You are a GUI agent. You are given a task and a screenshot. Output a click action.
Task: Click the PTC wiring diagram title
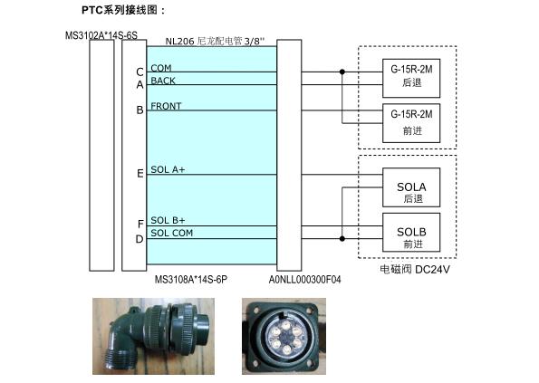tap(123, 10)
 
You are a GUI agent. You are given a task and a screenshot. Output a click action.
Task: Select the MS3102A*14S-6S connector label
tap(101, 35)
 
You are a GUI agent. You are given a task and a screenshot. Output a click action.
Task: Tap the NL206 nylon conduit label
tap(215, 42)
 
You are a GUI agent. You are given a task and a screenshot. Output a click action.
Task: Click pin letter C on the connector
tap(140, 72)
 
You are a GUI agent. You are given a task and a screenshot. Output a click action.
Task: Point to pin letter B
tap(140, 110)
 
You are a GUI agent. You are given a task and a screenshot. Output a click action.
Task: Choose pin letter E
tap(140, 174)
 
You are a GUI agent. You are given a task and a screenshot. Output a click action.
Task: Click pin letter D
tap(140, 239)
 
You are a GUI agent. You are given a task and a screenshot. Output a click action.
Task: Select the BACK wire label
tap(163, 81)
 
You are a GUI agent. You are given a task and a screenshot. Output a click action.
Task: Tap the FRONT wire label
tap(166, 106)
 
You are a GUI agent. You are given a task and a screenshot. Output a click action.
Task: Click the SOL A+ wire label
tap(168, 169)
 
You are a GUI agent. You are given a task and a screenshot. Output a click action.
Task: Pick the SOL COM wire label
tap(171, 233)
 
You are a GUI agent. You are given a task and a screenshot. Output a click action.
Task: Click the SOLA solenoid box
tap(411, 187)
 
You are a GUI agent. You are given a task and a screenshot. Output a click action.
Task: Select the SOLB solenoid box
tap(411, 232)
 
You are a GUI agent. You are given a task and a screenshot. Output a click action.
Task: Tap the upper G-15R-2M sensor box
tap(411, 78)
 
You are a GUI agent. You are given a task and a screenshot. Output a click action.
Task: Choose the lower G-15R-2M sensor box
tap(411, 123)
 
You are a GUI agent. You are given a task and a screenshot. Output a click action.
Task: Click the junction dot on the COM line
tap(342, 72)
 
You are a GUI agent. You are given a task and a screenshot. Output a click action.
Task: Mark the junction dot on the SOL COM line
tap(342, 238)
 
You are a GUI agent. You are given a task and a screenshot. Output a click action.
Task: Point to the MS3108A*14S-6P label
tap(191, 279)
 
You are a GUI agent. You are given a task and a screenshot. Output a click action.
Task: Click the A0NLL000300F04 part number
tap(304, 280)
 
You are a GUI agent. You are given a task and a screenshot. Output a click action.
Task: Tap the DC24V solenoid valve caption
tap(415, 269)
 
